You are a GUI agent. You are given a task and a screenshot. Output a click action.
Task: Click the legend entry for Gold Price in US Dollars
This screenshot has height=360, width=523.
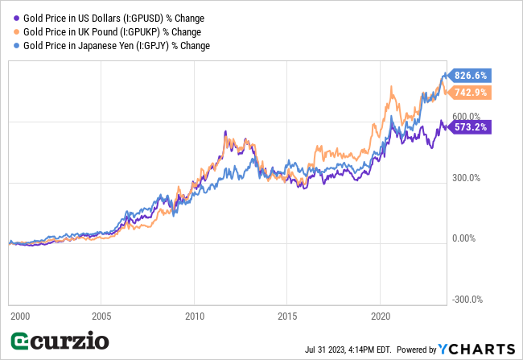(x=109, y=17)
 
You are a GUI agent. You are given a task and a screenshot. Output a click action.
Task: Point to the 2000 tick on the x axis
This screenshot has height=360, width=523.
(x=19, y=316)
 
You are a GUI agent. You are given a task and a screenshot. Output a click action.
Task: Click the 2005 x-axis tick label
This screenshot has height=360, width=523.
(x=101, y=316)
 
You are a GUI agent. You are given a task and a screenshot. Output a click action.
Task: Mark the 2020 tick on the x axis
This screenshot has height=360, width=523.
(x=381, y=316)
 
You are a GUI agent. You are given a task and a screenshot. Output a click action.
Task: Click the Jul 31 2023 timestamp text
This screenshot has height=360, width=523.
(x=348, y=350)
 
